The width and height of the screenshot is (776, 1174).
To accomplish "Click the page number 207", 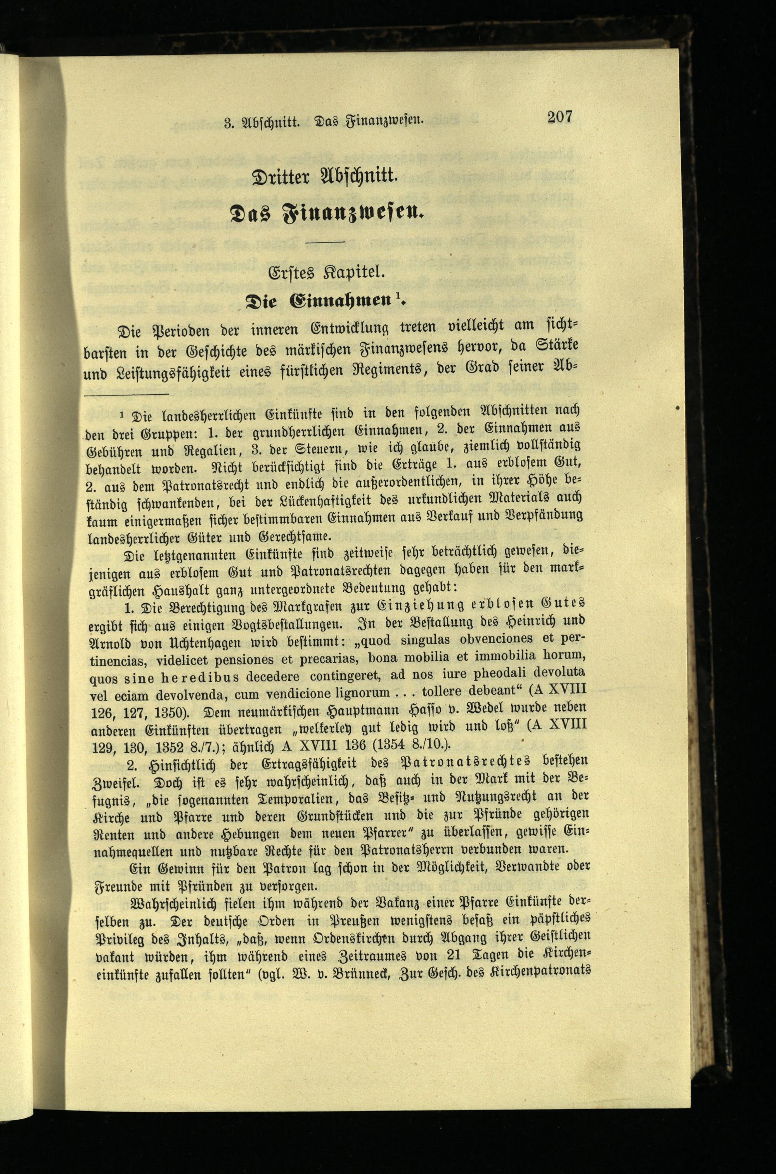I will coord(559,117).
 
